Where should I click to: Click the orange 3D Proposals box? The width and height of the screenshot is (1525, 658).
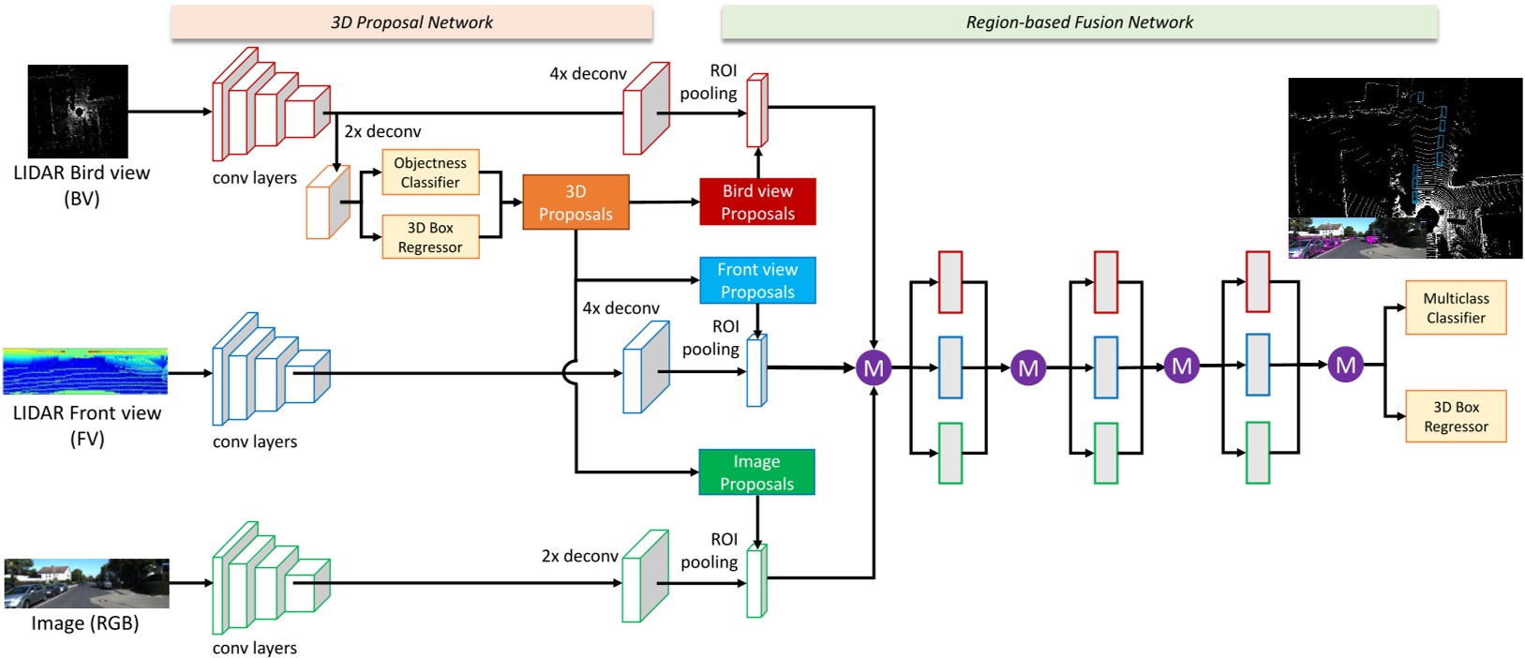pyautogui.click(x=576, y=202)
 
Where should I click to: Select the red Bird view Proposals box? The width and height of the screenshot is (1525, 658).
pyautogui.click(x=757, y=202)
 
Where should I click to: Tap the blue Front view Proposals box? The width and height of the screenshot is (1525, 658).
pyautogui.click(x=757, y=280)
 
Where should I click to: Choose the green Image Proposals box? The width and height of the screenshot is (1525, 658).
pyautogui.click(x=756, y=472)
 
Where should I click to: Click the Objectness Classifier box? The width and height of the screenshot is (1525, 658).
pyautogui.click(x=430, y=172)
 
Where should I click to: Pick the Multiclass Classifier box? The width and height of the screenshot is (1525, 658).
pyautogui.click(x=1456, y=307)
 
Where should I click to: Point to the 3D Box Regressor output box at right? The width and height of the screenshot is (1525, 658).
pyautogui.click(x=1456, y=416)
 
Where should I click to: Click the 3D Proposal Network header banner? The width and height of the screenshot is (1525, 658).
pyautogui.click(x=411, y=22)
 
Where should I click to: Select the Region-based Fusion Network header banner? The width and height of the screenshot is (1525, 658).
pyautogui.click(x=1079, y=22)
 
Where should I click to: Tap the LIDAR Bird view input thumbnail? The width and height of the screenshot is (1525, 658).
pyautogui.click(x=78, y=112)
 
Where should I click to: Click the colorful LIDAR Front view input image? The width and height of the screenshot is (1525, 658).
pyautogui.click(x=85, y=371)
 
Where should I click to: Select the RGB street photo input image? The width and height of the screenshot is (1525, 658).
pyautogui.click(x=86, y=583)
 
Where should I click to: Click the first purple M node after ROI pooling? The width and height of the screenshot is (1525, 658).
pyautogui.click(x=874, y=367)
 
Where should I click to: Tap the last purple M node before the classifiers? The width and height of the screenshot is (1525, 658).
pyautogui.click(x=1346, y=365)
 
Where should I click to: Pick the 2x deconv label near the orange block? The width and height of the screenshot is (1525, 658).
pyautogui.click(x=382, y=132)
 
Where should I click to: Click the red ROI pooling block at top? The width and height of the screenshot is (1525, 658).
pyautogui.click(x=756, y=112)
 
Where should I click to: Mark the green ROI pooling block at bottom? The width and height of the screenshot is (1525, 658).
pyautogui.click(x=756, y=582)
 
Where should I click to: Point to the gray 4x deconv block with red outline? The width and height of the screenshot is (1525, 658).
pyautogui.click(x=647, y=110)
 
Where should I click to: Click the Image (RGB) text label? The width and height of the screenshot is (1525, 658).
pyautogui.click(x=85, y=623)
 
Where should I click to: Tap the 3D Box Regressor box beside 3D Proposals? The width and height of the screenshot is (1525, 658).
pyautogui.click(x=430, y=237)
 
